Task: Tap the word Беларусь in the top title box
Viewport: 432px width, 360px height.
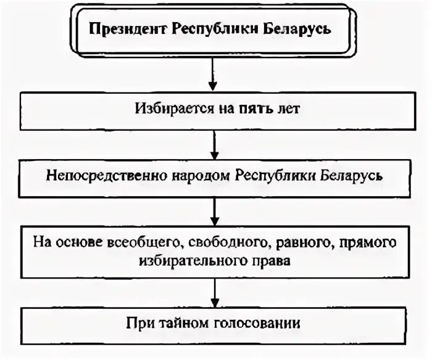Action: (306, 30)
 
